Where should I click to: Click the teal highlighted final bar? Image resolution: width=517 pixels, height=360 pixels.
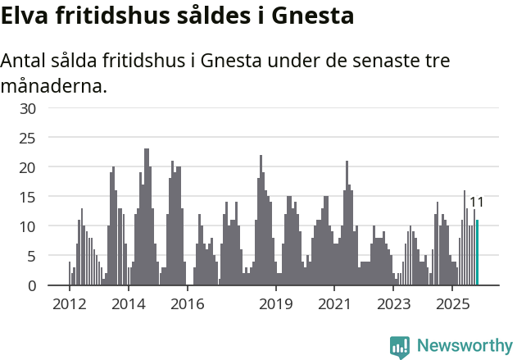coord(477,253)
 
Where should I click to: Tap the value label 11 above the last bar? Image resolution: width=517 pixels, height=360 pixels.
coord(476,203)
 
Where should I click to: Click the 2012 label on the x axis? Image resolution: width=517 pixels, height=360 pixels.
coord(69,304)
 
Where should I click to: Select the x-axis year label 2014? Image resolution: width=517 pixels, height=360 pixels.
coord(128,304)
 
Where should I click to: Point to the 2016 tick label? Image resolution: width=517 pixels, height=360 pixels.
coord(188,304)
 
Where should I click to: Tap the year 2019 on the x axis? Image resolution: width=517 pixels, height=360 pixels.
coord(275,304)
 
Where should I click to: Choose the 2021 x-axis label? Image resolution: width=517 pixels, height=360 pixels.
coord(334,304)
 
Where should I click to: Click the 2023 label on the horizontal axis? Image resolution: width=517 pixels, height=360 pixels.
coord(393,304)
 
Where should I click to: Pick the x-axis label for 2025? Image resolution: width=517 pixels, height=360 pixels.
coord(452,304)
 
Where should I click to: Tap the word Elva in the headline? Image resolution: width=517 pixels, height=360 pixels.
coord(29,16)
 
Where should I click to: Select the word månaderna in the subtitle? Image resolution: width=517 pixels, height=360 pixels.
coord(54,85)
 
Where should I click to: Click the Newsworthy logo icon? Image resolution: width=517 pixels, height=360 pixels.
coord(400,347)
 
